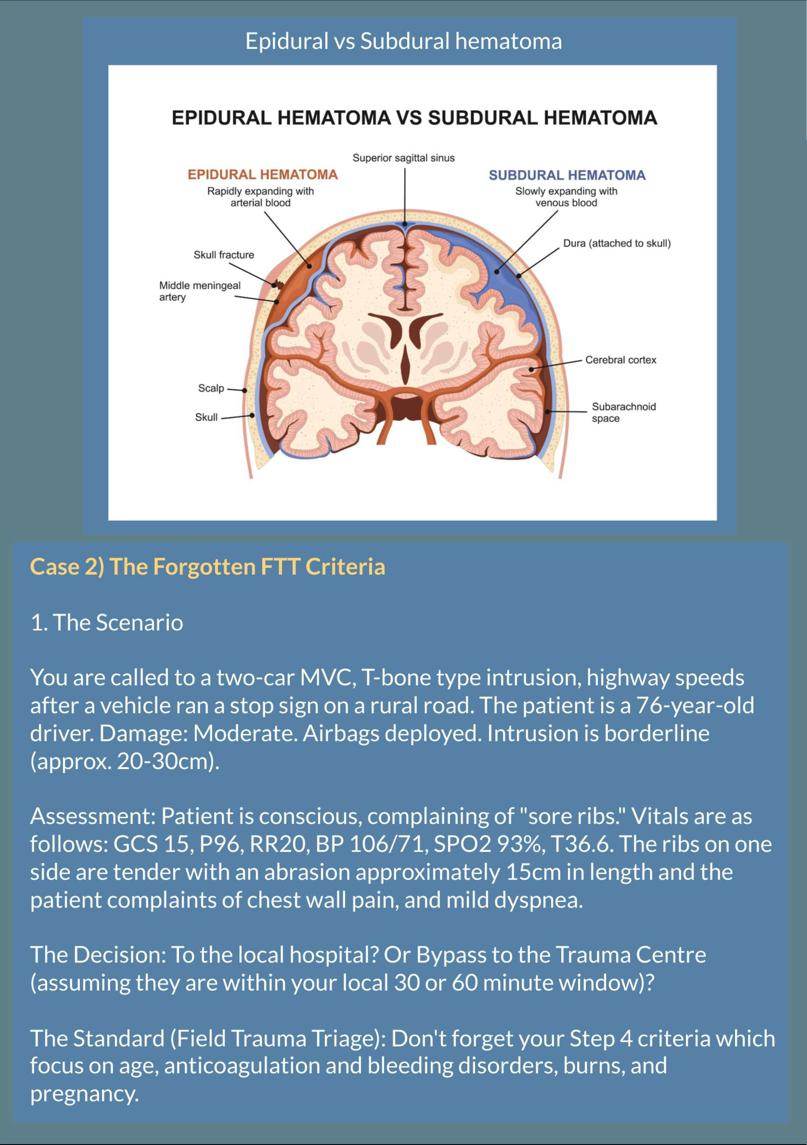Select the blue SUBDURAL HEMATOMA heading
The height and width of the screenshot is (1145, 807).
[x=567, y=175]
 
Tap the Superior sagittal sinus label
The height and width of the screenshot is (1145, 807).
[x=404, y=158]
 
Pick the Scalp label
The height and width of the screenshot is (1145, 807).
[x=211, y=388]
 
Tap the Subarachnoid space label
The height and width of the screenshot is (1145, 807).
[x=623, y=412]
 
